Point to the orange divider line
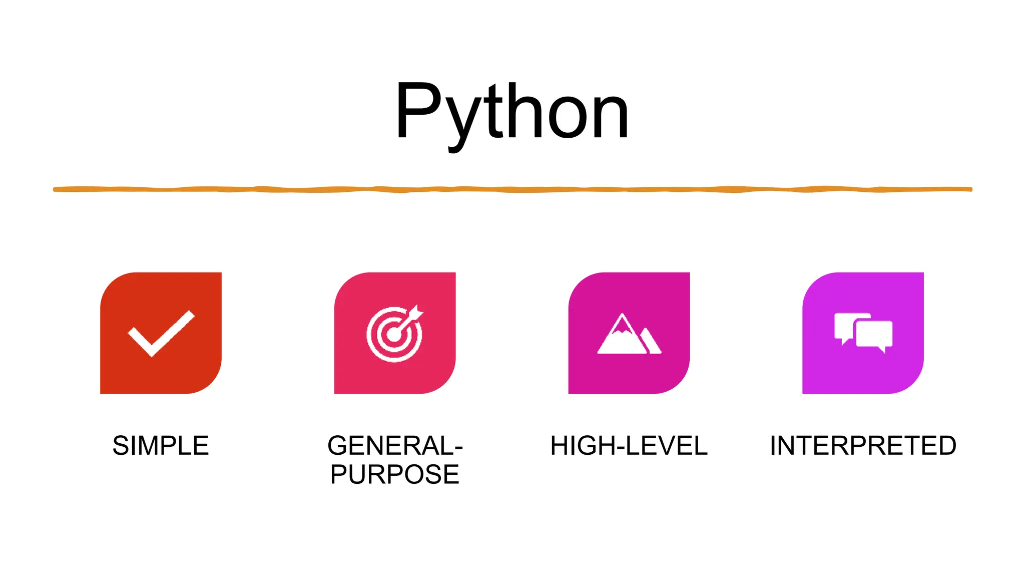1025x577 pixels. [x=512, y=189]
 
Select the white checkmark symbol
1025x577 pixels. [x=161, y=334]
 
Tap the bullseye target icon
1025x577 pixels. [x=394, y=335]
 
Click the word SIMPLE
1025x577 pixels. [x=161, y=446]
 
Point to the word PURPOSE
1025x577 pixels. [x=394, y=474]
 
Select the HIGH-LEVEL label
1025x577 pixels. [x=629, y=446]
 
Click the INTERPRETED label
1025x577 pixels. [x=863, y=446]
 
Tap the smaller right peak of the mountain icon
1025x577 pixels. [x=651, y=342]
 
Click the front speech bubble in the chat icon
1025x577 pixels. [x=874, y=334]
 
